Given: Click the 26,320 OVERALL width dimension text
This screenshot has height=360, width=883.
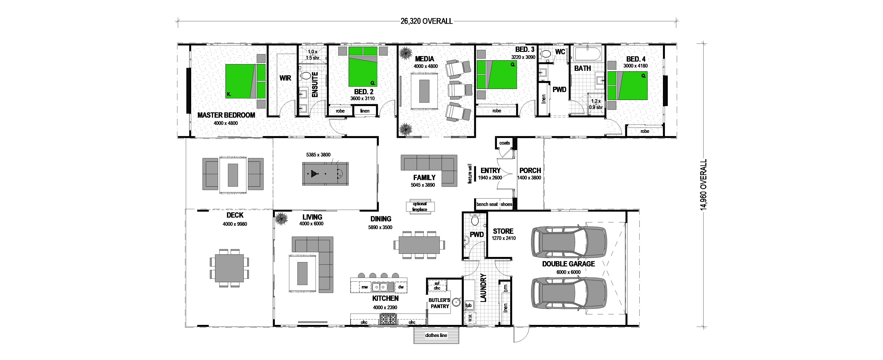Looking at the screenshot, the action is [426, 21].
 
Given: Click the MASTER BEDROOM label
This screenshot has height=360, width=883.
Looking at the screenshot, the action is [226, 115].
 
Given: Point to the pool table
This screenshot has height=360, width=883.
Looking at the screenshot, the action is [325, 174].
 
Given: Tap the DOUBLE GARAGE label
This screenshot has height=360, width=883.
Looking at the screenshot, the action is [568, 264].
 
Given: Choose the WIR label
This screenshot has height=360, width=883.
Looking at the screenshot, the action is [285, 78].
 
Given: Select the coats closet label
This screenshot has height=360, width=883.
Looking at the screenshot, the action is [505, 143].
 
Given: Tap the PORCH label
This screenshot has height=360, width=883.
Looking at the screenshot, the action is [530, 170].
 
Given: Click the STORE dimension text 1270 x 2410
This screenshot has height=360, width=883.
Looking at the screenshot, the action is [504, 238].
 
